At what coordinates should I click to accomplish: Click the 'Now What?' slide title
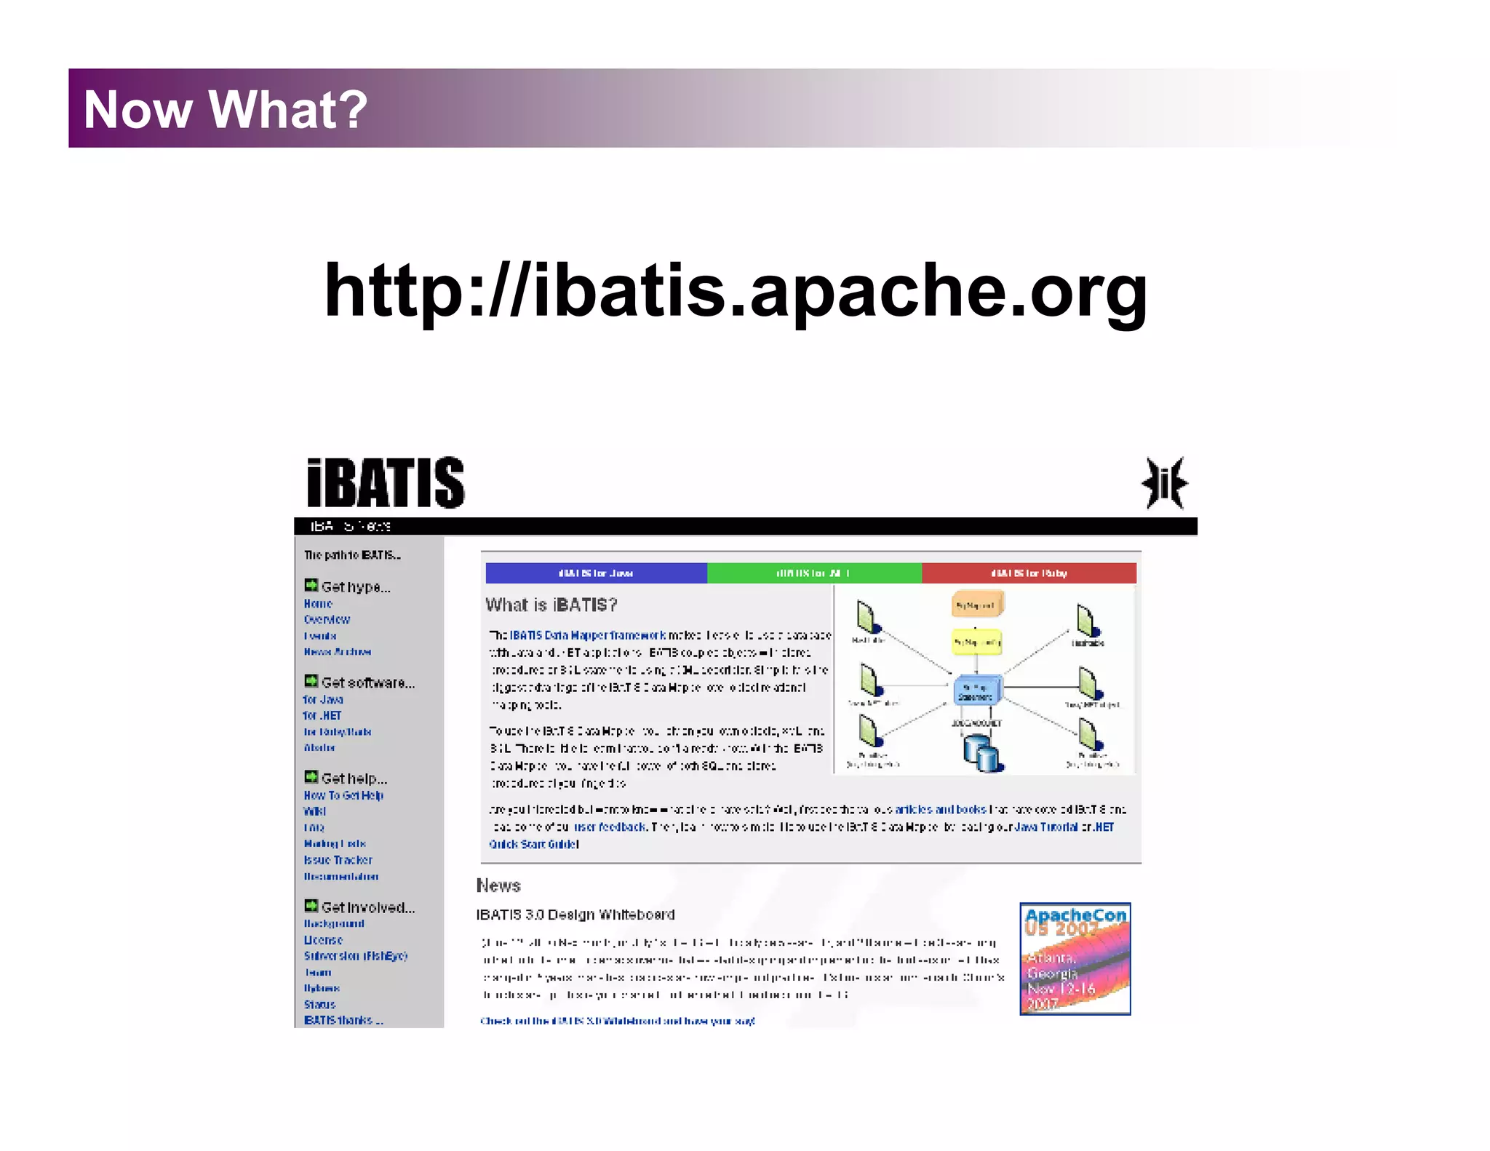(x=226, y=109)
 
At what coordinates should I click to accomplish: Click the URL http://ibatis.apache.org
(x=735, y=291)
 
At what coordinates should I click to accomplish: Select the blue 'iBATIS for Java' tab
(x=596, y=573)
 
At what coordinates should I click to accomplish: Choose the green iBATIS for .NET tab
(x=813, y=573)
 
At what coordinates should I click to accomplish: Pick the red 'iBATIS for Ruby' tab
(x=1029, y=573)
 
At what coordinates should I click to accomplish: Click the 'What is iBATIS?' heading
(x=551, y=605)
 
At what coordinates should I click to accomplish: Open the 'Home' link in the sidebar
(x=318, y=604)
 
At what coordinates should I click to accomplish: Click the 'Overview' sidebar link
(x=327, y=620)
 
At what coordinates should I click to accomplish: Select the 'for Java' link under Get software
(x=323, y=700)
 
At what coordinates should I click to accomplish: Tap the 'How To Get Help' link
(x=343, y=795)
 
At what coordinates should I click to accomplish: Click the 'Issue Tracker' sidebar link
(x=338, y=860)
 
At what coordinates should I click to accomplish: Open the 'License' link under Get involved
(x=323, y=940)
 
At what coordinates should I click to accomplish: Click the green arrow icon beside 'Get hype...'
(x=311, y=586)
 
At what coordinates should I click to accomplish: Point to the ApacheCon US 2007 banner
(x=1075, y=959)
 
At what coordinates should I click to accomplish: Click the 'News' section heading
(x=498, y=885)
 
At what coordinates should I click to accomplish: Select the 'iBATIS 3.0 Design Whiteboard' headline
(x=575, y=915)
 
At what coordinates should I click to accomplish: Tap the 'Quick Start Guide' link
(x=533, y=845)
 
